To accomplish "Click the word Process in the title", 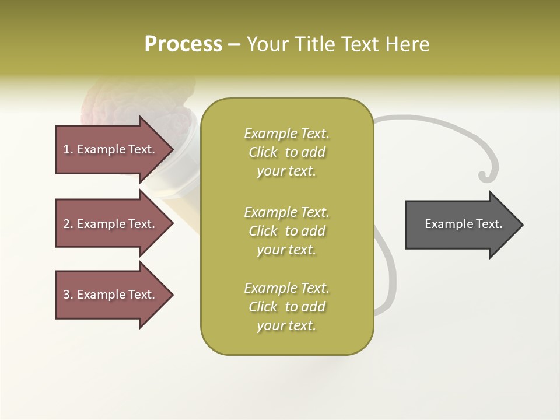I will coord(183,44).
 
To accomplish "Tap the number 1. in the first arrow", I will coord(68,149).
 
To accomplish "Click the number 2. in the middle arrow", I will coord(68,224).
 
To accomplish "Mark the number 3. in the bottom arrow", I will coord(68,295).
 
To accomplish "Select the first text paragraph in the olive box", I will coord(286,152).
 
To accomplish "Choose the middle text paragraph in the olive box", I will coord(286,231).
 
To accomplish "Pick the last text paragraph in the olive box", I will coord(286,307).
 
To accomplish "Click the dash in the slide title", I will coord(234,44).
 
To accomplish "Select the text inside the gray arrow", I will coord(463,224).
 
